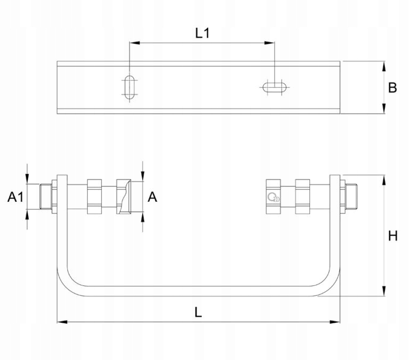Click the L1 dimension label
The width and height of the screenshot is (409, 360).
[x=202, y=33]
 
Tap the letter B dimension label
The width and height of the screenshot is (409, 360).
[x=392, y=88]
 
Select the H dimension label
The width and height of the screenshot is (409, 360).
[x=393, y=236]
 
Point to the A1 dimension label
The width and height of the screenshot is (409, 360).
[x=15, y=197]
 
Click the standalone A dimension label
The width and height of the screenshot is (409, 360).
[x=152, y=197]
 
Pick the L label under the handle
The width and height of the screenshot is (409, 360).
[x=198, y=312]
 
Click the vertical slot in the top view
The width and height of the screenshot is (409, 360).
[x=129, y=87]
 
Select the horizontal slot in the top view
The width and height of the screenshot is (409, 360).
[x=274, y=87]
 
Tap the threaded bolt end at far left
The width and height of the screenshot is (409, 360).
[x=46, y=197]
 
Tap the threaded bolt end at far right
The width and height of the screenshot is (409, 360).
[x=351, y=197]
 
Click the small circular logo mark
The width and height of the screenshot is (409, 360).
[x=273, y=197]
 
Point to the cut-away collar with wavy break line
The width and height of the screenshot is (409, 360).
[x=124, y=197]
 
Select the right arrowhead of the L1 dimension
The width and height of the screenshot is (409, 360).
[x=269, y=43]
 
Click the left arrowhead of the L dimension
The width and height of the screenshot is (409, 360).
[x=62, y=322]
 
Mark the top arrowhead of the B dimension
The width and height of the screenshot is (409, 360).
[x=383, y=66]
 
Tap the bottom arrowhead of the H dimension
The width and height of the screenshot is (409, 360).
[x=383, y=291]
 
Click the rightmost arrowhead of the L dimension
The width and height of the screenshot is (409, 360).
[x=334, y=322]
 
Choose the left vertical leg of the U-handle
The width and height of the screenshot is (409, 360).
[x=62, y=222]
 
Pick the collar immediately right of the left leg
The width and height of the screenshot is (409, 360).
[x=94, y=197]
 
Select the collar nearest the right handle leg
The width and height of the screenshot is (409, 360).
[x=302, y=197]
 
